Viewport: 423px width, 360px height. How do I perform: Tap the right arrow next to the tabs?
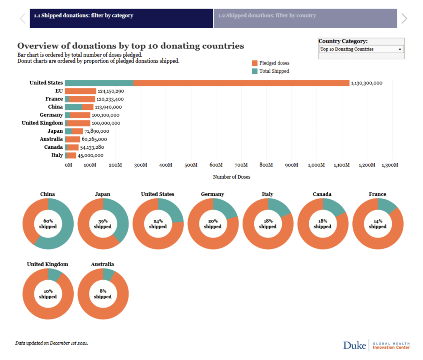[x=404, y=18]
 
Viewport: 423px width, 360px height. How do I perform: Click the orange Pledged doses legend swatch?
[x=255, y=63]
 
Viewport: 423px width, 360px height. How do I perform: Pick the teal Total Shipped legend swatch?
[x=255, y=71]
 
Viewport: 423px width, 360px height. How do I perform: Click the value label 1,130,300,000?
[x=366, y=83]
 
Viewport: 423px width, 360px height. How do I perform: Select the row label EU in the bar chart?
[x=59, y=91]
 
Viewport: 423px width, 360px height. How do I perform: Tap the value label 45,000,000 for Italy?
[x=91, y=155]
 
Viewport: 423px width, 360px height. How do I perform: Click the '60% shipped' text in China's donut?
[x=48, y=224]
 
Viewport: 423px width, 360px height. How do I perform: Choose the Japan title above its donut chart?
[x=103, y=194]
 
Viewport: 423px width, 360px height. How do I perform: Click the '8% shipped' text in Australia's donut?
[x=103, y=294]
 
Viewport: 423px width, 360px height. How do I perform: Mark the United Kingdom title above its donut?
[x=48, y=264]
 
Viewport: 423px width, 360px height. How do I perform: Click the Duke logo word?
[x=354, y=345]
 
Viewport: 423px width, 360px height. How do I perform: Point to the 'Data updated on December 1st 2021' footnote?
[x=52, y=343]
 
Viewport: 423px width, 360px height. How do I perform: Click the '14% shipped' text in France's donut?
[x=378, y=224]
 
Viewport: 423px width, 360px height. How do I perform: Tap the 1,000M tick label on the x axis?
[x=316, y=165]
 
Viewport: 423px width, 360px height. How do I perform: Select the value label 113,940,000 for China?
[x=108, y=107]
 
